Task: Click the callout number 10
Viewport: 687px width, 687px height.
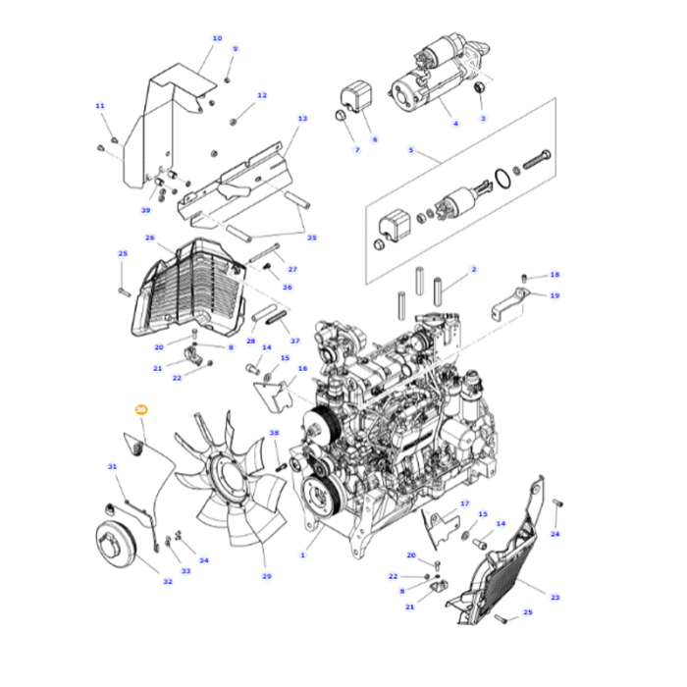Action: point(217,38)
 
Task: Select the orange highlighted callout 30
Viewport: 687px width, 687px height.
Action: point(139,410)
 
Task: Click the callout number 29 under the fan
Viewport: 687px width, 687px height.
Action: point(266,576)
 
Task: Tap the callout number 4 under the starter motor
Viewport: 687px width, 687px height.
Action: point(454,124)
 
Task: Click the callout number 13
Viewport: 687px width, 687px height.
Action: point(302,118)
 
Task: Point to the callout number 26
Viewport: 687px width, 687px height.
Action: point(150,238)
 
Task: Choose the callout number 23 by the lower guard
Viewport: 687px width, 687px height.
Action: point(555,598)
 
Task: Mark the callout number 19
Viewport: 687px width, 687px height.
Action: point(555,295)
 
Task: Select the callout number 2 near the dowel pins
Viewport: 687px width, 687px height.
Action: point(473,269)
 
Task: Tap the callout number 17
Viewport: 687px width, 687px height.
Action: point(465,503)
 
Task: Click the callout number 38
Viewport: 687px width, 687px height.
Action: point(274,433)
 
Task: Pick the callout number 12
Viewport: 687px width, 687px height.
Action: point(262,95)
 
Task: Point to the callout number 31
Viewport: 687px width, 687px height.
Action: point(112,466)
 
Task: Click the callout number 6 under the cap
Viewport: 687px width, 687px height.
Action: point(373,139)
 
